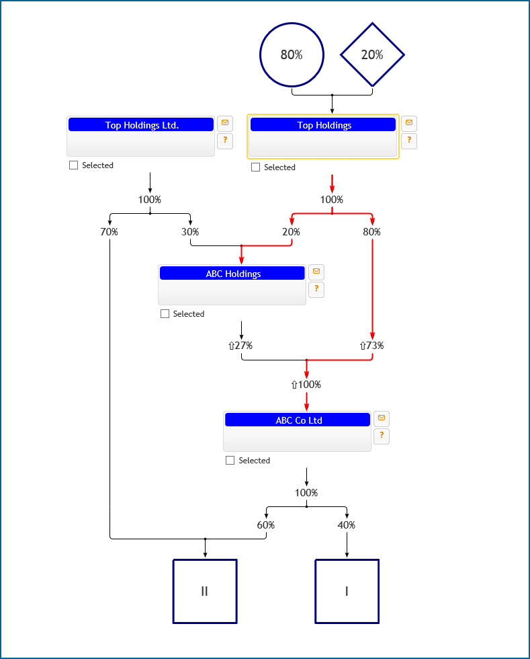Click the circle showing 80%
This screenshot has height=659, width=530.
292,55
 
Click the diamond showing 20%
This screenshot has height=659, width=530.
372,55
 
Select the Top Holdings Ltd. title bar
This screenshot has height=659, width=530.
141,124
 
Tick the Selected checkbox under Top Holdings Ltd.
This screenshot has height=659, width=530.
74,165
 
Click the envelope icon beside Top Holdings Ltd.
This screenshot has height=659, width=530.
225,123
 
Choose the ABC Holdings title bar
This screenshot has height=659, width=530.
232,273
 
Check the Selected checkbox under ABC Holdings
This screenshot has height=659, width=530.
165,314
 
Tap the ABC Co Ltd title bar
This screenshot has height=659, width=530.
298,420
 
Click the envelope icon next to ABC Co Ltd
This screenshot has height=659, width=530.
382,418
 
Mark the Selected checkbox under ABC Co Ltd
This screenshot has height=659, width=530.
230,461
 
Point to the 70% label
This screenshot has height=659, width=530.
109,232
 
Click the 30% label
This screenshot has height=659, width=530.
190,232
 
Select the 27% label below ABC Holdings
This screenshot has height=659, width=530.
240,346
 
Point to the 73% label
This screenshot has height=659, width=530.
371,346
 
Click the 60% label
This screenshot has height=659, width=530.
266,525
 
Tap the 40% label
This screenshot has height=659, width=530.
347,525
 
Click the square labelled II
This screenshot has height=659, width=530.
205,591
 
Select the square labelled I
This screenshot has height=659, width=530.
347,591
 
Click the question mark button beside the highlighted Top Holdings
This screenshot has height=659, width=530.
409,141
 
